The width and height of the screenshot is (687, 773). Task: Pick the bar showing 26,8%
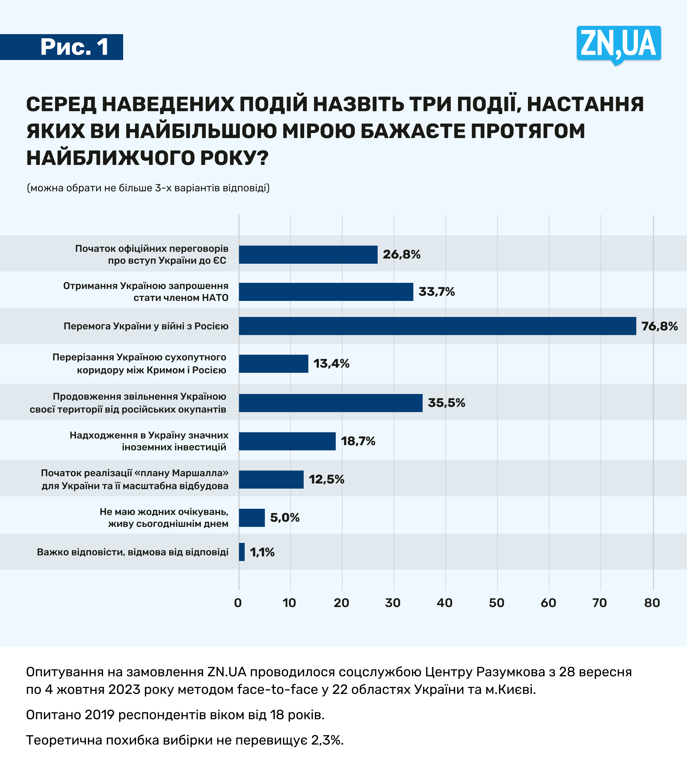pos(308,254)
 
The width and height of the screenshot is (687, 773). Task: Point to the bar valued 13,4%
pos(273,364)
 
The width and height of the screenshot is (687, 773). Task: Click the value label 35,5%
pos(446,403)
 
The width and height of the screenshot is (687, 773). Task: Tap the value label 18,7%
pos(358,441)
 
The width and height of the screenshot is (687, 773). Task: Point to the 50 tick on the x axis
pos(496,603)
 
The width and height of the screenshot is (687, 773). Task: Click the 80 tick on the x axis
pos(652,603)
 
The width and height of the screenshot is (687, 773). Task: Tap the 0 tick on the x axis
pos(238,603)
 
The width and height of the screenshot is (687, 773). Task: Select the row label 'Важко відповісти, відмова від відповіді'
pos(132,552)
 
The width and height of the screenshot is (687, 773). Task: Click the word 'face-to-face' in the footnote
pos(277,689)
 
